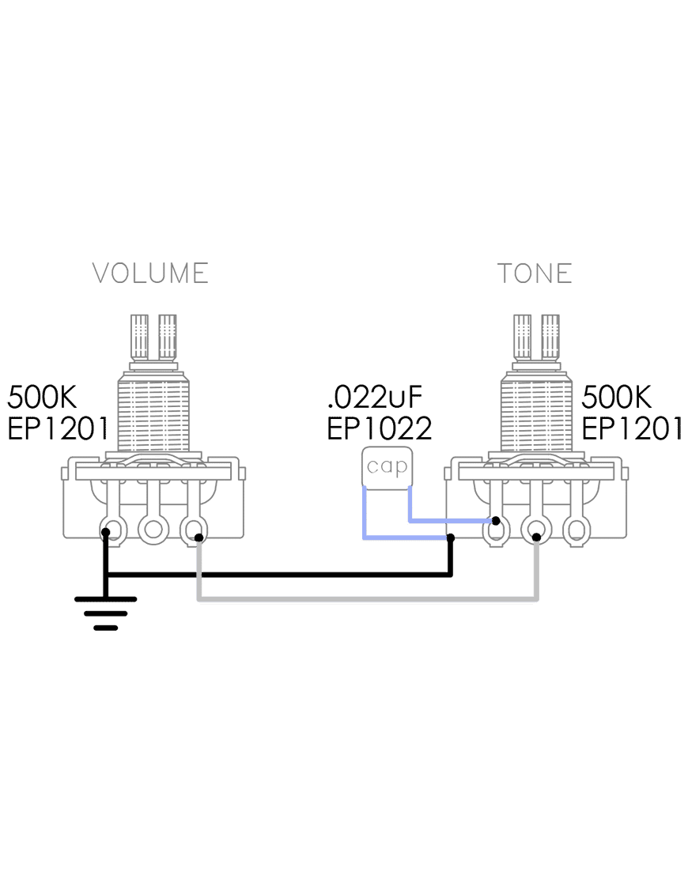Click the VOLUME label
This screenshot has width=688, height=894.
coord(150,273)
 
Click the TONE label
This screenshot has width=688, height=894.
coord(535,273)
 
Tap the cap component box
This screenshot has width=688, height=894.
coord(387,467)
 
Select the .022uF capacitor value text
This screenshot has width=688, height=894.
coord(375,397)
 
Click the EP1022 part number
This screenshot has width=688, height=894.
coord(380,428)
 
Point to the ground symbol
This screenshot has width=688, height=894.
coord(105,613)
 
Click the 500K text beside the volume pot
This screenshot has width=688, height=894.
coord(42,397)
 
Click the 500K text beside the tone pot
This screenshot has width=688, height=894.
coord(616,397)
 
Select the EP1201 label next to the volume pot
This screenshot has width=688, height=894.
coord(58,428)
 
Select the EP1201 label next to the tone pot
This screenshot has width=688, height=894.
coord(632,428)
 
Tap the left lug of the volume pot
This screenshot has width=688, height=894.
coord(114,529)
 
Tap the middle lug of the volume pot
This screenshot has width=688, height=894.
coord(153,529)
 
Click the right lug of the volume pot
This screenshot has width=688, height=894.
coord(194,529)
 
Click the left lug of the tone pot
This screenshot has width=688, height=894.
coord(497,529)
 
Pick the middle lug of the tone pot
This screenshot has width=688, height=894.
coord(536,529)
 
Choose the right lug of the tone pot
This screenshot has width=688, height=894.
coord(576,529)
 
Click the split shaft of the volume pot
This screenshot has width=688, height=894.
coord(153,338)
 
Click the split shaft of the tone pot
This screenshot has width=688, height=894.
coord(536,338)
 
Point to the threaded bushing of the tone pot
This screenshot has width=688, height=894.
coord(536,413)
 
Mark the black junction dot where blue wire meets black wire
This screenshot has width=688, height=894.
coord(451,538)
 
